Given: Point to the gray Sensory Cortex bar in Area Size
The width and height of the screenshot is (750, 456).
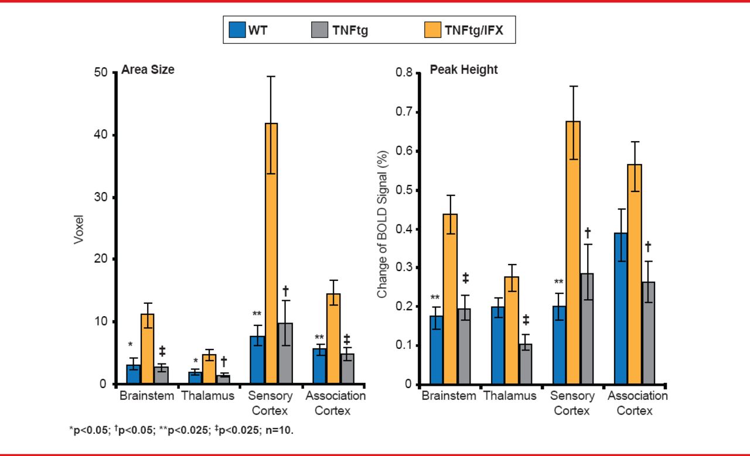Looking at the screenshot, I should (285, 354).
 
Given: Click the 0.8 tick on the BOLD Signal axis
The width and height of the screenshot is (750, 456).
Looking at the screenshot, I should (405, 73).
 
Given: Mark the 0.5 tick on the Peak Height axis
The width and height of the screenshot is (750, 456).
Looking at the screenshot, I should (405, 190).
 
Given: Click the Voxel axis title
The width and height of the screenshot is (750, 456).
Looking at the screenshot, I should (80, 229).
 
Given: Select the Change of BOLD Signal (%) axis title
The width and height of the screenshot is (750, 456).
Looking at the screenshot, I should (383, 229).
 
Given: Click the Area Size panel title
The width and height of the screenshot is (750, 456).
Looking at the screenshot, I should (148, 70).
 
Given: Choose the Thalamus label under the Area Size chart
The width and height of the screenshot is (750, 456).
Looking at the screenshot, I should (207, 396).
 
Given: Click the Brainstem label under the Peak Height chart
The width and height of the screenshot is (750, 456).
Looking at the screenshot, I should (449, 396).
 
